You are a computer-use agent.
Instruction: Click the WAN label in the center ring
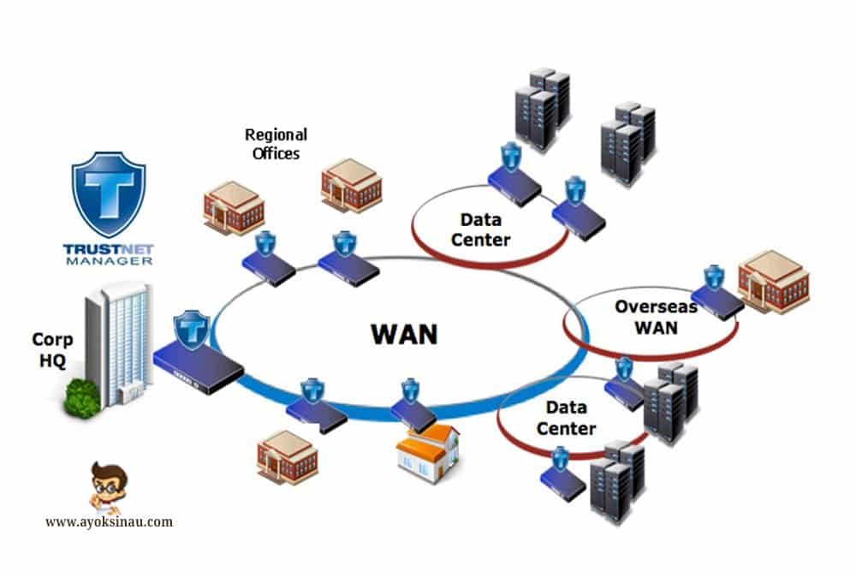[404, 333]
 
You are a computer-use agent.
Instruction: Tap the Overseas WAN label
[645, 317]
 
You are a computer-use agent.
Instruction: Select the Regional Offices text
[276, 144]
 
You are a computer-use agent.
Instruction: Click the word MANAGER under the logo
[108, 259]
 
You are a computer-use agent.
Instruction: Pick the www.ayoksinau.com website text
[109, 520]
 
